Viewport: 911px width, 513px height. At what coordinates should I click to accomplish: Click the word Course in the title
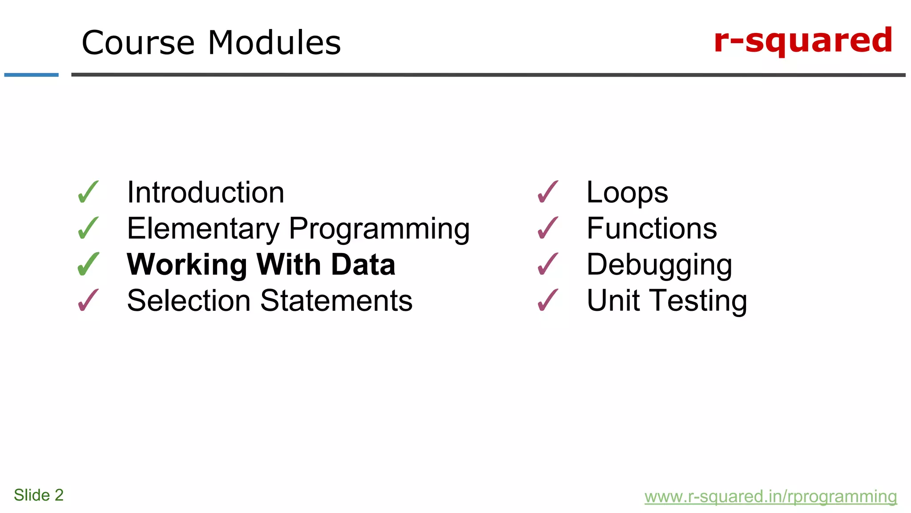point(138,43)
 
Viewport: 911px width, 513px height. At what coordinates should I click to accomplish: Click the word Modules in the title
point(274,43)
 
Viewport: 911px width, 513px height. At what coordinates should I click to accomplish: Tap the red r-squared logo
point(803,41)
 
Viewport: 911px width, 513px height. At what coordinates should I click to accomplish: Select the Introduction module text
point(206,193)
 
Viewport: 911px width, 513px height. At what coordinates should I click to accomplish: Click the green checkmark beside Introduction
point(88,192)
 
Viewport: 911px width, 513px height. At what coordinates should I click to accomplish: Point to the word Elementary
point(203,228)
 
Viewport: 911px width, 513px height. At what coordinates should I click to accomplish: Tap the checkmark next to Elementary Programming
point(88,228)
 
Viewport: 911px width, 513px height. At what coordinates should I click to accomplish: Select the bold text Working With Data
point(261,265)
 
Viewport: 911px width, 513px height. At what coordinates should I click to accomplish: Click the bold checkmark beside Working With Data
point(88,265)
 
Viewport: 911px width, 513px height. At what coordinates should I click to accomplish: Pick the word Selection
point(189,301)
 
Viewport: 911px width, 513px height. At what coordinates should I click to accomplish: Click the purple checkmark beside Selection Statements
point(88,301)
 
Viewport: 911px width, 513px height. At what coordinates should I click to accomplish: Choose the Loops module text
point(627,193)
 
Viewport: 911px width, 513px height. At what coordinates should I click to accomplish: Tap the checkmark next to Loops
point(548,192)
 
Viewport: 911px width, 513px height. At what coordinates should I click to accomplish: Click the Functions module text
point(652,228)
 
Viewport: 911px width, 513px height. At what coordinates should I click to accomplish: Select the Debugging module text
point(659,265)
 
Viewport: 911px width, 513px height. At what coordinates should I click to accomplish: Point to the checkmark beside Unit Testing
point(548,301)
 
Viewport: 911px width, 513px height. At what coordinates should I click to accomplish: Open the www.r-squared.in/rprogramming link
point(770,497)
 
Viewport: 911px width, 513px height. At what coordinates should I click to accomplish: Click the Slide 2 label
point(39,495)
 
